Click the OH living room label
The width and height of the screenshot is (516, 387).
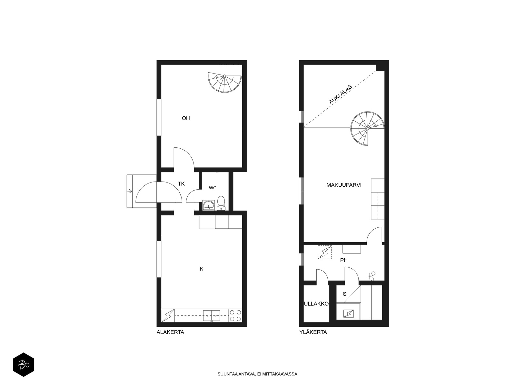click(x=186, y=118)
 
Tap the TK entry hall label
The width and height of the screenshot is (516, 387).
click(x=181, y=184)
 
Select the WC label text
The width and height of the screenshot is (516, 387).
click(x=212, y=188)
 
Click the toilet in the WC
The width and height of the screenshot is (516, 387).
click(x=221, y=203)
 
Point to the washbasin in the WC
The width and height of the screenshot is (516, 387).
click(x=208, y=205)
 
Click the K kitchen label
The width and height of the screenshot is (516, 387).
click(x=201, y=269)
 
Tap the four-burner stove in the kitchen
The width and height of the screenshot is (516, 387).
click(x=235, y=316)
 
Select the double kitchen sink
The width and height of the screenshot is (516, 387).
click(x=212, y=316)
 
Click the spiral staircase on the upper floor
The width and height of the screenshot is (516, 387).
click(x=367, y=129)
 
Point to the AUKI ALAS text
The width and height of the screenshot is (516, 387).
click(x=340, y=94)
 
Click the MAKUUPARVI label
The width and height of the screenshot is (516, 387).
click(x=344, y=185)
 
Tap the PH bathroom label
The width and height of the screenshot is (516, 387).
click(x=344, y=260)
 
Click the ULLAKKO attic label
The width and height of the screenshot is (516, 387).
click(x=316, y=304)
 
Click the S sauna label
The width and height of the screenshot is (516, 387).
click(x=345, y=294)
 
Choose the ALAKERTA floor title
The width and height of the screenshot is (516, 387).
click(x=170, y=332)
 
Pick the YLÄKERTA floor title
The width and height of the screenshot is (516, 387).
click(x=313, y=332)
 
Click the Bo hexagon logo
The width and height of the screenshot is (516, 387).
click(x=24, y=365)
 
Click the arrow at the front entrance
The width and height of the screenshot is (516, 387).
click(x=130, y=191)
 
